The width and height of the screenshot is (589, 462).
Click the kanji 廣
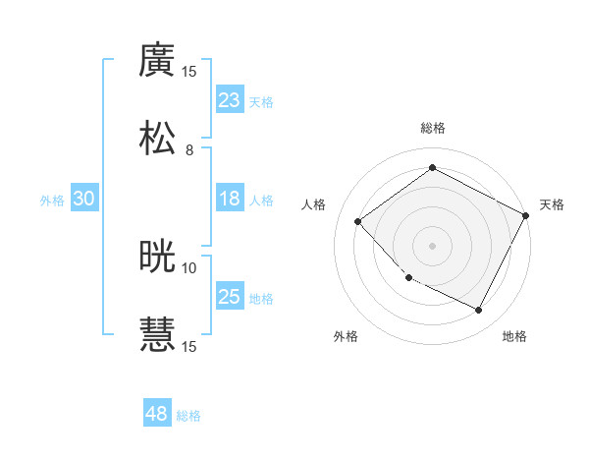click(157, 60)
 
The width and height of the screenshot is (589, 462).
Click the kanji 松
click(157, 137)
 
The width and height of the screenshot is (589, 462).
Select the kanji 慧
click(157, 333)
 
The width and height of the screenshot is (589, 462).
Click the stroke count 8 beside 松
click(189, 150)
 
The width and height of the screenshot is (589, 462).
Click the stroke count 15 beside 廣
click(189, 72)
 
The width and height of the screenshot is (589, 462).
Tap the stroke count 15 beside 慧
click(189, 346)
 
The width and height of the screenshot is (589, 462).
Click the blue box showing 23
click(229, 100)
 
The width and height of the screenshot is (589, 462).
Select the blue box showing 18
click(229, 199)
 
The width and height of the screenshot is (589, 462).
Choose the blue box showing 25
click(229, 297)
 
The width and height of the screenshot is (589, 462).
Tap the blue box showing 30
click(83, 199)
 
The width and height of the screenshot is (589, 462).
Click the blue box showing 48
click(157, 414)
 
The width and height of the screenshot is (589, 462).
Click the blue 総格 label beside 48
click(188, 416)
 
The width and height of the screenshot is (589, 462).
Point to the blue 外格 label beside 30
click(52, 200)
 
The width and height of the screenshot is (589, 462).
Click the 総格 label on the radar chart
click(433, 128)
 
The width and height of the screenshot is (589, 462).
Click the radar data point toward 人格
click(358, 221)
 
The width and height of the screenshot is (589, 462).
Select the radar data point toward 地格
click(479, 311)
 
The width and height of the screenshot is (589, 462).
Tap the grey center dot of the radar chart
click(433, 245)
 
